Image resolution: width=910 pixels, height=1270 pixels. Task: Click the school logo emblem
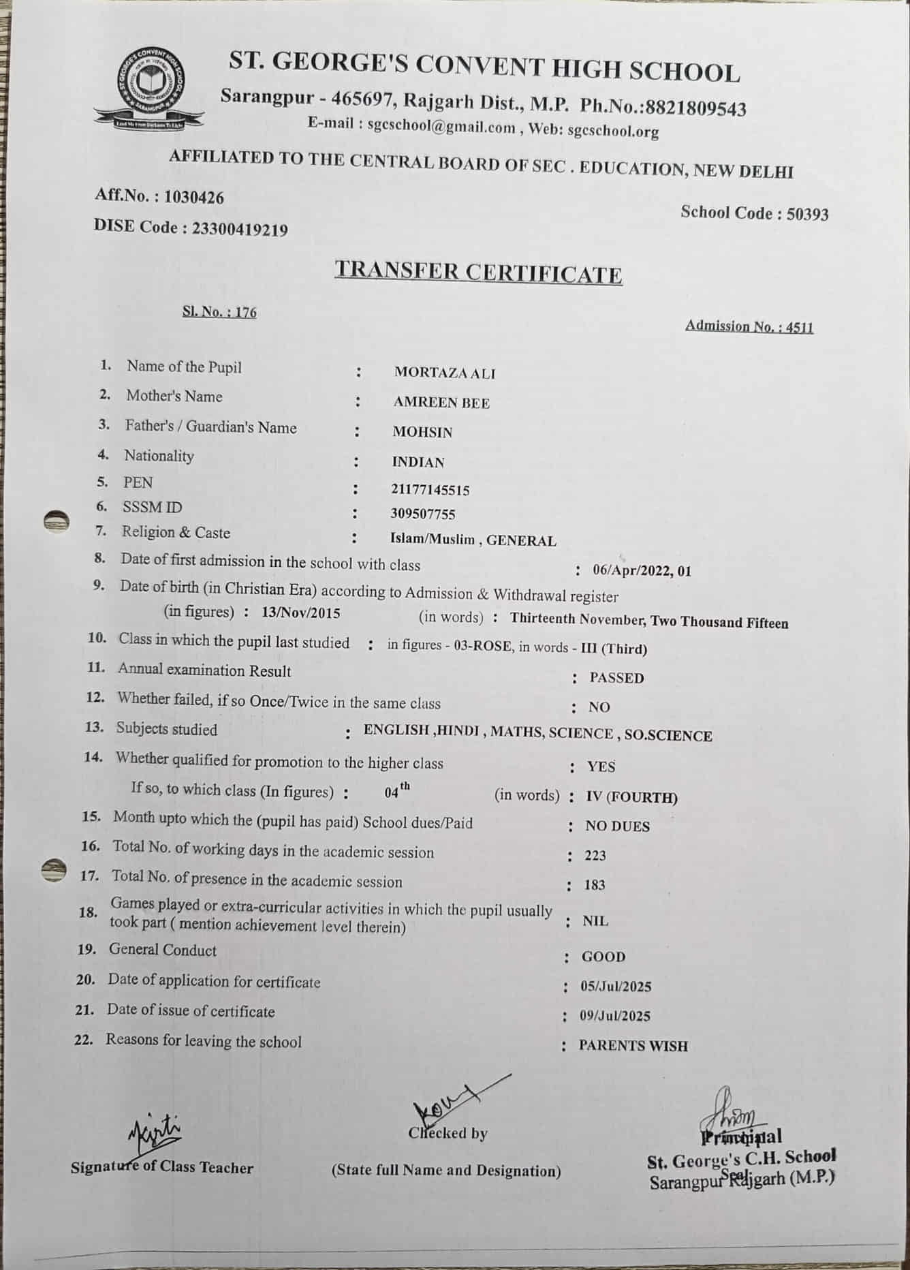tap(148, 87)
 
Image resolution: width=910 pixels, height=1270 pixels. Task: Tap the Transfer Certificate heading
tap(478, 272)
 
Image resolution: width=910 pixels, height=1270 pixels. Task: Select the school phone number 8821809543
tap(695, 108)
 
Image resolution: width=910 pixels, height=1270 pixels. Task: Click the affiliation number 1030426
tap(194, 198)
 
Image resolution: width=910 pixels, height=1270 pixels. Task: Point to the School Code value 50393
tap(807, 215)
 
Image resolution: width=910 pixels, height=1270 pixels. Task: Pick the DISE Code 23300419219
tap(240, 229)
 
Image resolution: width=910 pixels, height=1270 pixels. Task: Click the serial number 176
tap(246, 313)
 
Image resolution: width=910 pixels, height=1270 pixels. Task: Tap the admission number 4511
tap(800, 327)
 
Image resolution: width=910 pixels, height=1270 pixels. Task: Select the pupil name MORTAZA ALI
tap(445, 373)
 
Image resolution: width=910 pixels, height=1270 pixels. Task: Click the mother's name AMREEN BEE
tap(441, 403)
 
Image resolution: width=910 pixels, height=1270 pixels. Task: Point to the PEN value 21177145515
tap(430, 490)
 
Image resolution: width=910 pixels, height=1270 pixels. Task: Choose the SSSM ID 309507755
tap(423, 514)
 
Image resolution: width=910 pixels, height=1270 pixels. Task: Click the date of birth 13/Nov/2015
tap(300, 613)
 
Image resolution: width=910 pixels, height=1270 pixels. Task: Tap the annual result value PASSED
tap(616, 678)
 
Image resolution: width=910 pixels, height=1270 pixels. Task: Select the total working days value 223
tap(595, 856)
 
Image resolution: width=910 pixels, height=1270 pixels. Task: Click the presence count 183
tap(595, 885)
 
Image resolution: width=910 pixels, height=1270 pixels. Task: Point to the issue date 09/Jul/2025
tap(615, 1016)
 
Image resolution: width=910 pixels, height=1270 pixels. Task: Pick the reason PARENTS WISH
tap(633, 1046)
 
